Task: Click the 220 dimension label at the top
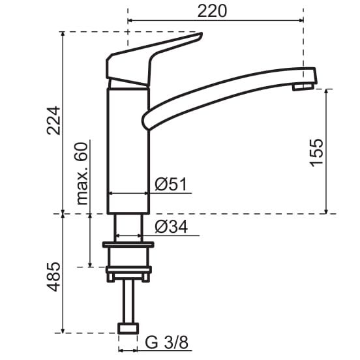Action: [212, 11]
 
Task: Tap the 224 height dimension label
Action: [53, 121]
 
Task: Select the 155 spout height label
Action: [316, 153]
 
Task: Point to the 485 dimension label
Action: [53, 277]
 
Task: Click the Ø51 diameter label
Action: [171, 184]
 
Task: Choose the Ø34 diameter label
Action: [172, 226]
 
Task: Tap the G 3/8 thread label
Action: [167, 342]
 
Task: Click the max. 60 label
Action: [82, 173]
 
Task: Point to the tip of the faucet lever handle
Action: [200, 35]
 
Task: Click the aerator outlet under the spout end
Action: [303, 87]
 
